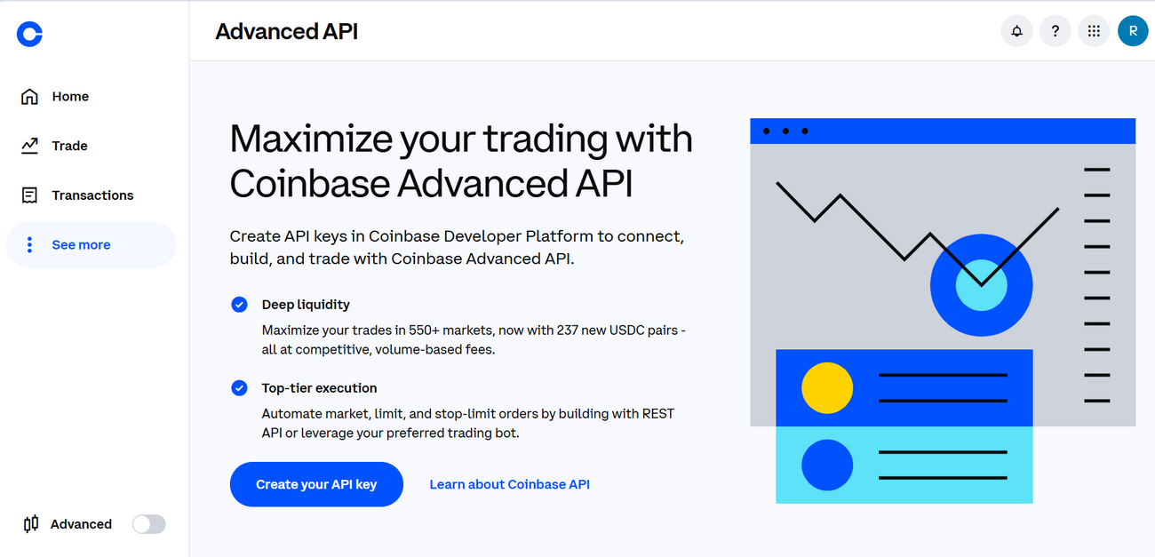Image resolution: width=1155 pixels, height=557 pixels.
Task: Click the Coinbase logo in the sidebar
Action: [29, 35]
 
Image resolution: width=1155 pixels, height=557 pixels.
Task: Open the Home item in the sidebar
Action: [70, 97]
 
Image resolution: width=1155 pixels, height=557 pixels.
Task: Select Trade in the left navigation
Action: [69, 146]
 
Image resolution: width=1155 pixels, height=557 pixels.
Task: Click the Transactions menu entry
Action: [92, 195]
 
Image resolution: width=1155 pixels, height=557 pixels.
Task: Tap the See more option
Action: [81, 245]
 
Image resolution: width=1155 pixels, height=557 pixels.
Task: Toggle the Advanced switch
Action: [148, 524]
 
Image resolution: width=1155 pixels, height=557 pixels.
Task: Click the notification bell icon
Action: [1016, 32]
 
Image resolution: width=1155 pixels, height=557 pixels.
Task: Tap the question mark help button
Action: [1055, 32]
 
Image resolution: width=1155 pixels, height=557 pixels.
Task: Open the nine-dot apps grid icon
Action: [1094, 32]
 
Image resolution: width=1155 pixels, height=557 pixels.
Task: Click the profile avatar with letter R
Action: [1132, 32]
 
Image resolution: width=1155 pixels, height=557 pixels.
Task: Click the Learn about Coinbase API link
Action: [509, 484]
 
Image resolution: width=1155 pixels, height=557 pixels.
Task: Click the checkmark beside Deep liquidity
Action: [239, 305]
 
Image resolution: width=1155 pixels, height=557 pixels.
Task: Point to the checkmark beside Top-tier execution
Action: [239, 388]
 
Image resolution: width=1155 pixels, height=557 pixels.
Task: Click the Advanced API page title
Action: [286, 32]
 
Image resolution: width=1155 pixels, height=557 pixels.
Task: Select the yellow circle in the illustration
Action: [826, 388]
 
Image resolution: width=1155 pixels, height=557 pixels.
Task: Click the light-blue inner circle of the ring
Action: [981, 285]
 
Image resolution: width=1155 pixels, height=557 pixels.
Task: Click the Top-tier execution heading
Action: [319, 388]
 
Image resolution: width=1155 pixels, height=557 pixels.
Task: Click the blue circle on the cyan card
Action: [826, 465]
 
